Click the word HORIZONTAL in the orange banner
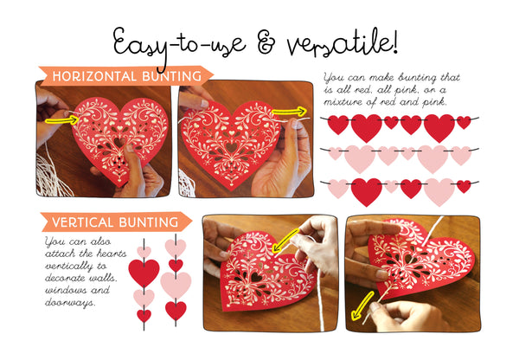[94, 76]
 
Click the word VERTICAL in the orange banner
[82, 222]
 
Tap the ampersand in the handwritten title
[266, 44]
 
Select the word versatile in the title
[336, 42]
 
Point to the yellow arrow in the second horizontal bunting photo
[289, 112]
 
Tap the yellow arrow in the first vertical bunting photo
[285, 241]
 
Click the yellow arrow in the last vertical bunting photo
[362, 306]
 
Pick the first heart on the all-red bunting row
[338, 125]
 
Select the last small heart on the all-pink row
[461, 155]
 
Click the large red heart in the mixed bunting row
[367, 192]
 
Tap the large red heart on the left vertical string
[144, 273]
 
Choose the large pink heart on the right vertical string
[176, 286]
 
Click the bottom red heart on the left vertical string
[144, 316]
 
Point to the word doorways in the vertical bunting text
[69, 303]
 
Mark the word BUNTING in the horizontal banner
[172, 76]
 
